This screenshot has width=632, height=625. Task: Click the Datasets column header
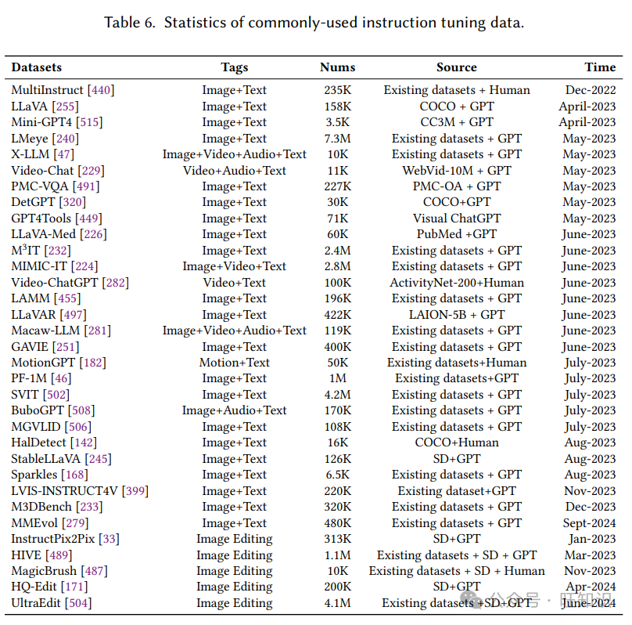(x=36, y=67)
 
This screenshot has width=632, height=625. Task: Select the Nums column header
(x=337, y=67)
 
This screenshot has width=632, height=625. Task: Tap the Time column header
(x=600, y=67)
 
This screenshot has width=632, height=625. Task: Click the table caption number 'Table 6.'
(x=130, y=22)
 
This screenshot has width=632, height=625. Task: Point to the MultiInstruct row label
(x=47, y=90)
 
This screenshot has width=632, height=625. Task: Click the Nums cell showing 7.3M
(x=338, y=139)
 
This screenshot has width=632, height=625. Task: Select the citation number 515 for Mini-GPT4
(x=89, y=122)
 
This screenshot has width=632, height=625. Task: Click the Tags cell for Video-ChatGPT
(x=234, y=283)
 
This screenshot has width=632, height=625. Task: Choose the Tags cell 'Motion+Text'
(x=234, y=363)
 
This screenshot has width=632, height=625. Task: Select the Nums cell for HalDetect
(x=338, y=443)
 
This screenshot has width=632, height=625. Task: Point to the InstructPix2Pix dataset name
(x=54, y=539)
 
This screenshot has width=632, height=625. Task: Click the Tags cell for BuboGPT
(x=234, y=410)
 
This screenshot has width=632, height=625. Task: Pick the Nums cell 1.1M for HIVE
(x=338, y=555)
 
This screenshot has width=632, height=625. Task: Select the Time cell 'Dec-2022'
(x=591, y=90)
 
